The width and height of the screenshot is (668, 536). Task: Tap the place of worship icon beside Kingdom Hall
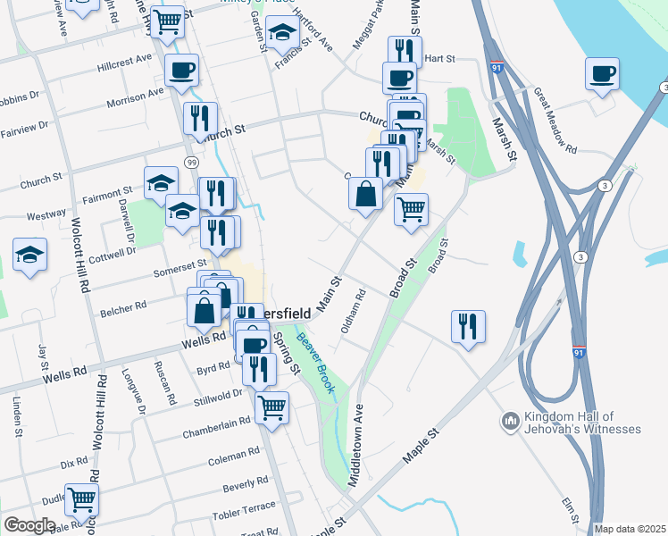pyautogui.click(x=511, y=420)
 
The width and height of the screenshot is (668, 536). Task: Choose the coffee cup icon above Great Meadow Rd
pyautogui.click(x=602, y=72)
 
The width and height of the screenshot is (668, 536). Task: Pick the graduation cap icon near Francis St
pyautogui.click(x=283, y=33)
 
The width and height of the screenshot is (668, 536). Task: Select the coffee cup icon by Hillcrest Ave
pyautogui.click(x=181, y=69)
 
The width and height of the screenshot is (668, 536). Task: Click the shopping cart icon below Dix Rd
pyautogui.click(x=81, y=498)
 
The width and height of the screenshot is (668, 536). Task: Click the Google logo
pyautogui.click(x=29, y=525)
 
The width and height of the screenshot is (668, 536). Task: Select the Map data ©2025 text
pyautogui.click(x=630, y=529)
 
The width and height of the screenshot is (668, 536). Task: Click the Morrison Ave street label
pyautogui.click(x=135, y=97)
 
